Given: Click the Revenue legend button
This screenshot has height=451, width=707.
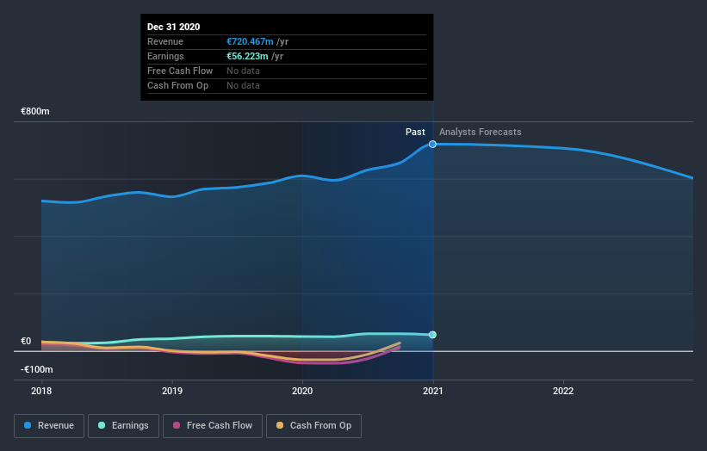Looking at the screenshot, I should coord(50,425).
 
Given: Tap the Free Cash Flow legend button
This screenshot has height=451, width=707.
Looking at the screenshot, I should coord(213,425).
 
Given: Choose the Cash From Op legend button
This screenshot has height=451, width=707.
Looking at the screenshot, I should coord(314,425).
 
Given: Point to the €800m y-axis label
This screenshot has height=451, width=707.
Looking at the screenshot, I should coord(36,112).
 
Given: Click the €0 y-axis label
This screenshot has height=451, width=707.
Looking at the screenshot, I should coord(26,341).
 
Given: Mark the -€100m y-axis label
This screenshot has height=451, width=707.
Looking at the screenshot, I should coord(37,369).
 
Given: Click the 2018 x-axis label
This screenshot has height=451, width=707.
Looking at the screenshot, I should coord(41,390).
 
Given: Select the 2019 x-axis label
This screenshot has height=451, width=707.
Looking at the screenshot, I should coord(172,390).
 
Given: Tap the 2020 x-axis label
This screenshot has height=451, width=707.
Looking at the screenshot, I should coord(302,390).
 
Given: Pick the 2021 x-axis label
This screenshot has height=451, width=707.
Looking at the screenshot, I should coord(432,390).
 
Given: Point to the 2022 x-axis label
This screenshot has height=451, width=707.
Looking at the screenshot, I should coord(563,390).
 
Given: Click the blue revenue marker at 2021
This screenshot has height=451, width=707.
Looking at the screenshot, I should coord(432,144).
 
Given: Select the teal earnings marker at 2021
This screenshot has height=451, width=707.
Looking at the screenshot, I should coord(432,335).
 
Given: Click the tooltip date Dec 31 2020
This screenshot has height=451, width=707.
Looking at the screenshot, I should coord(173,27).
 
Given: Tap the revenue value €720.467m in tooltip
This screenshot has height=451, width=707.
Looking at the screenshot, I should coord(251,41).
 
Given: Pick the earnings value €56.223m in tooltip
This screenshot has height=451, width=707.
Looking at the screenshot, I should coord(248,56).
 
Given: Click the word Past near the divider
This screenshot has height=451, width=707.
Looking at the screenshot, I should coord(415,132).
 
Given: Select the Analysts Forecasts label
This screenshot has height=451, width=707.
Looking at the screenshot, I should coord(480,132).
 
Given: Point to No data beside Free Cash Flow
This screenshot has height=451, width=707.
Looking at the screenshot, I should coord(243,71).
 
